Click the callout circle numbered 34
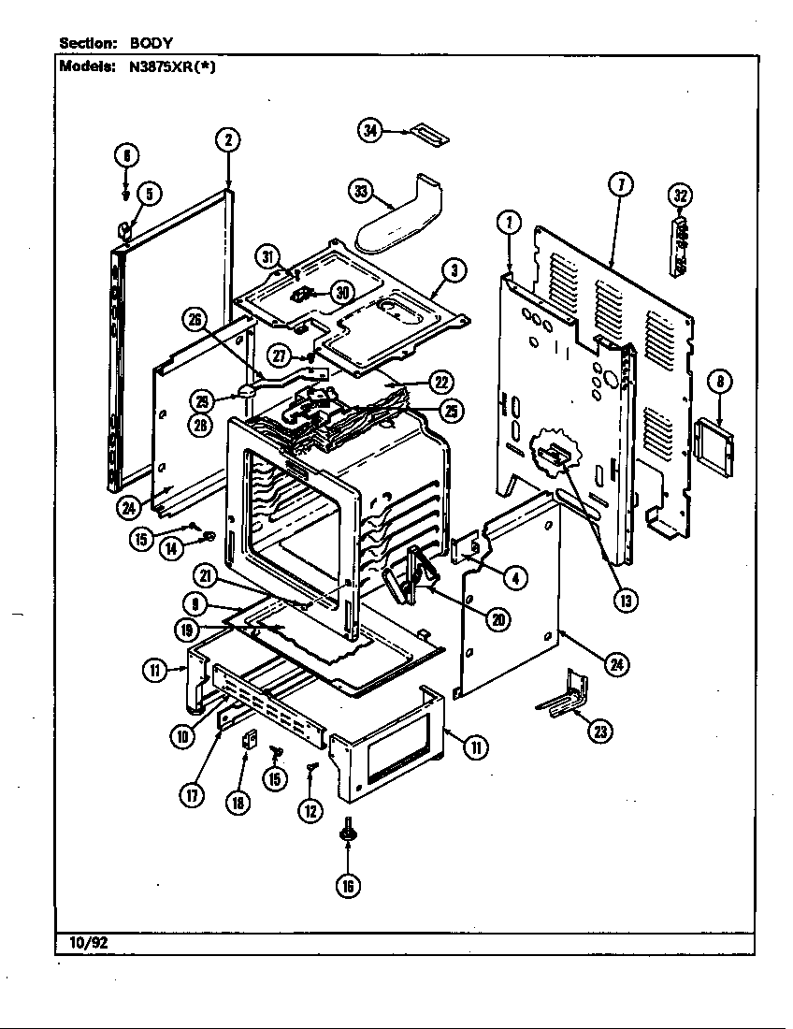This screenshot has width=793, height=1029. tap(371, 131)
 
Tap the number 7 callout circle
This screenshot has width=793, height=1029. tap(618, 184)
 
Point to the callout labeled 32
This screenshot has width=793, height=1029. tap(681, 196)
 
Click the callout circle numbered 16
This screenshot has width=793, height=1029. tap(348, 886)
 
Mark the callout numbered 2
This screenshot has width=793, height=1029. tap(227, 140)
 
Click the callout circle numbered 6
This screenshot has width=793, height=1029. tap(126, 155)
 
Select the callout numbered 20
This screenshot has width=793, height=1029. tap(499, 618)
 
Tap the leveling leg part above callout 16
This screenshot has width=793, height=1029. tap(348, 829)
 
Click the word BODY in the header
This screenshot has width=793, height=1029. tap(151, 43)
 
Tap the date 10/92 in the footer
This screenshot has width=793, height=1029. tap(88, 943)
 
